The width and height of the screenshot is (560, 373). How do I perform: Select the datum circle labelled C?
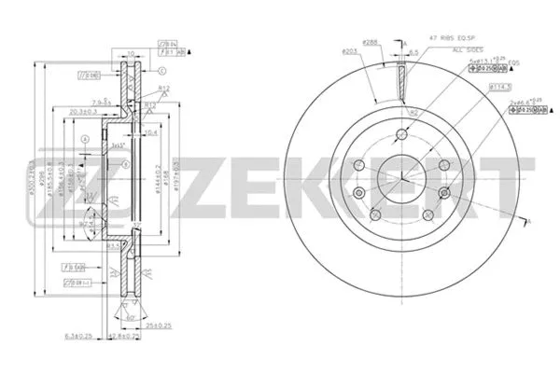tap(162, 71)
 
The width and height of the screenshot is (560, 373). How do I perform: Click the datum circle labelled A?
tap(84, 140)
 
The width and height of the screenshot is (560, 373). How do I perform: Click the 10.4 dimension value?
tap(152, 133)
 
